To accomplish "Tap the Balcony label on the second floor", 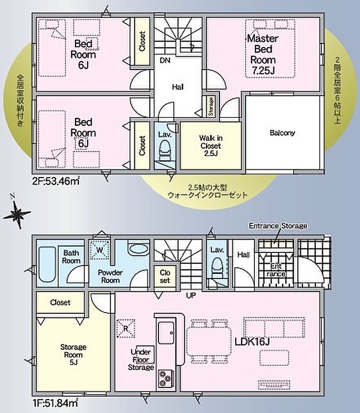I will pos(283,133).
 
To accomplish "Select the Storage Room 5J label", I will pos(74,352).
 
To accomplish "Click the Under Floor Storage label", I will pos(142,359).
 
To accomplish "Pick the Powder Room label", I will pos(109,276).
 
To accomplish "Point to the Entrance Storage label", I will pos(278,225).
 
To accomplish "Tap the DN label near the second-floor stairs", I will pos(165,60).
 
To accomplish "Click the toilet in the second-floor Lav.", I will pos(164,150).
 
